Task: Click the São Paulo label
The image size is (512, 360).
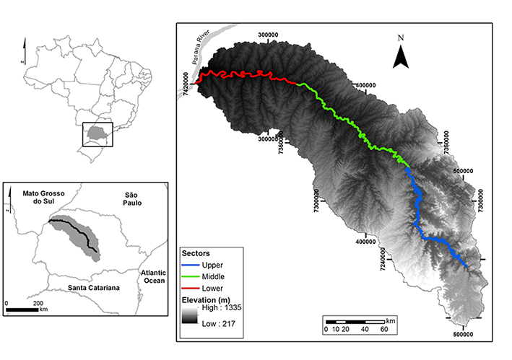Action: click(x=135, y=200)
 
